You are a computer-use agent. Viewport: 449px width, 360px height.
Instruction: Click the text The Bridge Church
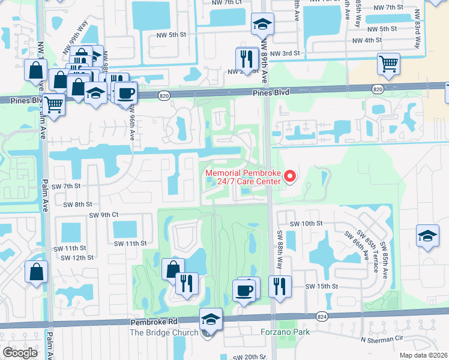pyautogui.click(x=164, y=332)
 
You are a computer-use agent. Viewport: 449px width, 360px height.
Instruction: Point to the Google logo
pyautogui.click(x=20, y=353)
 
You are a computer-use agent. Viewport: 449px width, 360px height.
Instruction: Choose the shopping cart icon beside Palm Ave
pyautogui.click(x=54, y=104)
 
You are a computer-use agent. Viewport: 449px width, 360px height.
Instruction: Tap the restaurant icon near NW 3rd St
pyautogui.click(x=247, y=58)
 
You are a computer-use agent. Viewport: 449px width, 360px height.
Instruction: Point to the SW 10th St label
pyautogui.click(x=306, y=223)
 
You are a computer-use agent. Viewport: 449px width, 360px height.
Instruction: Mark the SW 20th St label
pyautogui.click(x=249, y=356)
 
